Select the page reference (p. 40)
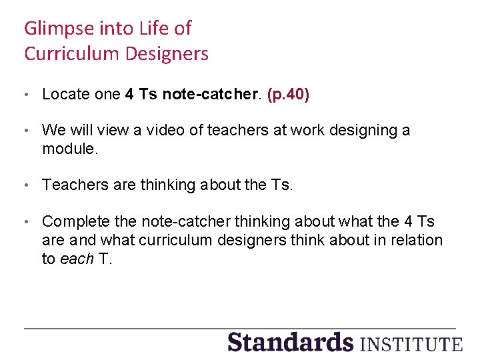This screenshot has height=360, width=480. coord(288,95)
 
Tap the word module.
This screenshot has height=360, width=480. coord(69,149)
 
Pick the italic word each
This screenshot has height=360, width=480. coord(77,259)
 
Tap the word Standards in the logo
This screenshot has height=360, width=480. coord(290,342)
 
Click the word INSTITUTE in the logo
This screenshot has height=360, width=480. coord(411,343)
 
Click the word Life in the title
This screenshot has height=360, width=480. coord(155,29)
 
